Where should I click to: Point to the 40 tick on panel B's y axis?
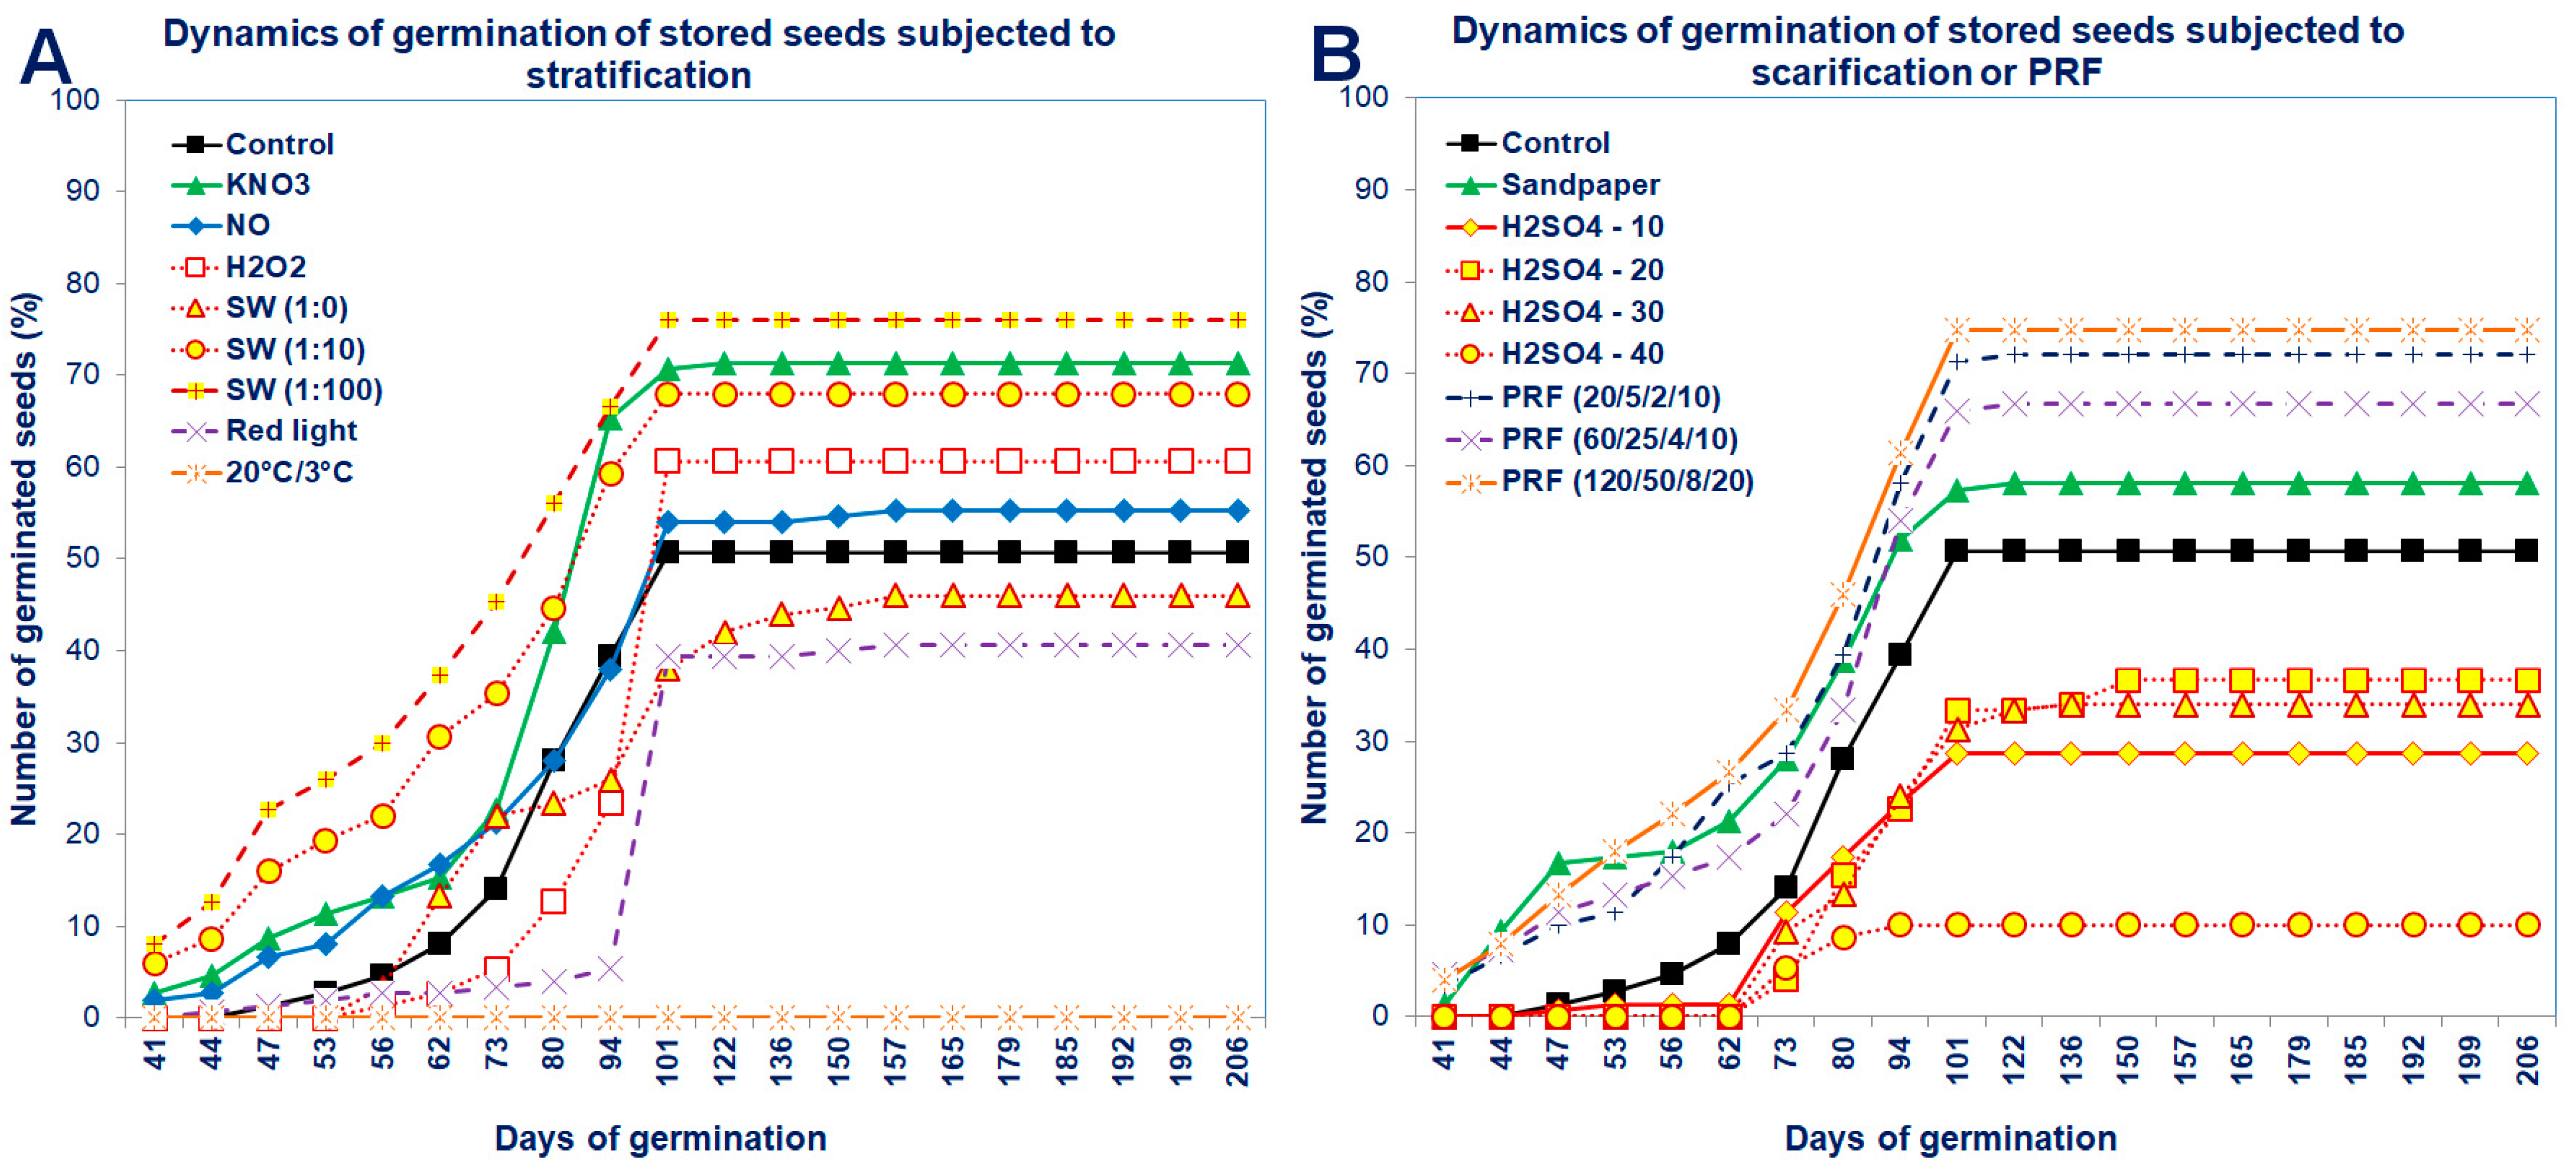pos(1372,648)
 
